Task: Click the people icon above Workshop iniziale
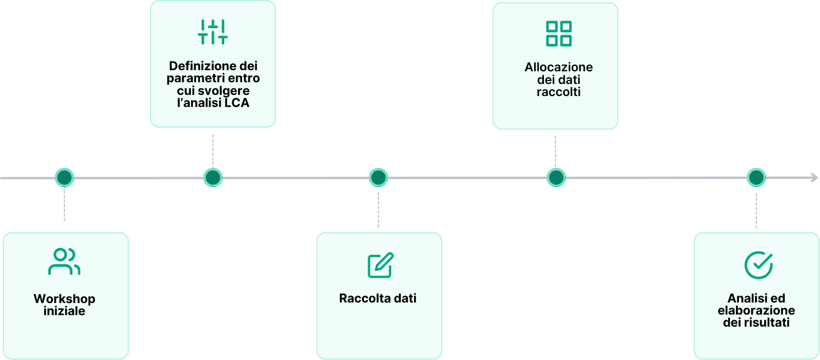tap(64, 262)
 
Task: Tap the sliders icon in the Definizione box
tap(213, 32)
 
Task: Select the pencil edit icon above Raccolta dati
tap(380, 265)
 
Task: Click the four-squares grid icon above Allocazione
tap(558, 33)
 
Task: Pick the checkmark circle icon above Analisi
tap(758, 265)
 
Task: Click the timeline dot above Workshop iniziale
tap(64, 178)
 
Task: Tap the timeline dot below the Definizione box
tap(213, 178)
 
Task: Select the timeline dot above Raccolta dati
tap(378, 178)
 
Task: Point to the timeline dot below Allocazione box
tap(556, 178)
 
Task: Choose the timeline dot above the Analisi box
tap(756, 178)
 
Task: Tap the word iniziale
tap(64, 311)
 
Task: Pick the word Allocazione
tap(558, 67)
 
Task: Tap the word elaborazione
tap(757, 311)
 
